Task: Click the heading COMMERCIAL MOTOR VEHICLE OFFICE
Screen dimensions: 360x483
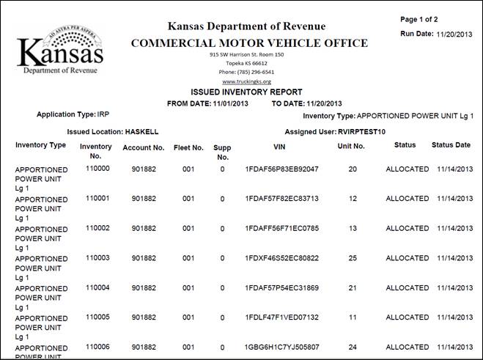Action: tap(249, 43)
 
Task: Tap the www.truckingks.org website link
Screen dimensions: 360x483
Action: tap(246, 81)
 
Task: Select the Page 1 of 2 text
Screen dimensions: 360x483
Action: tap(419, 19)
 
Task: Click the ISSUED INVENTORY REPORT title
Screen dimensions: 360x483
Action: tap(246, 92)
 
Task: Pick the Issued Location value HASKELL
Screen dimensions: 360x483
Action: tap(142, 132)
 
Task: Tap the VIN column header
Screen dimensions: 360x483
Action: tap(279, 147)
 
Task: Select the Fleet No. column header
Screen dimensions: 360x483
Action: tap(188, 147)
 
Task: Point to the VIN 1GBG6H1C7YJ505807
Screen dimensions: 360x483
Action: tap(282, 347)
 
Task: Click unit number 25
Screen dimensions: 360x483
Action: tap(353, 258)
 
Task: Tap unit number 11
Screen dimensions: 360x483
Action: tap(353, 317)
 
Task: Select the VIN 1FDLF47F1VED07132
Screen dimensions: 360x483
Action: tap(282, 317)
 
